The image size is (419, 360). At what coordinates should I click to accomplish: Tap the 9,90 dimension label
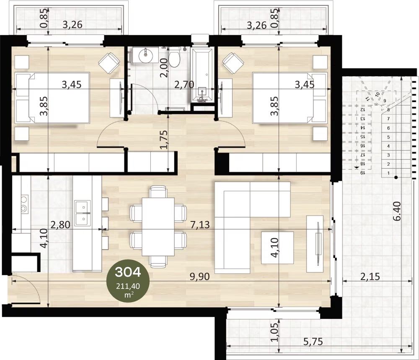pyautogui.click(x=199, y=276)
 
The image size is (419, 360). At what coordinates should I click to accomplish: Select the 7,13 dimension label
pyautogui.click(x=200, y=225)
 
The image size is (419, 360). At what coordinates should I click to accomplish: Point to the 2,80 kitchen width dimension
pyautogui.click(x=60, y=225)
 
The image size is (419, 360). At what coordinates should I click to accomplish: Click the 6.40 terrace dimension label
pyautogui.click(x=397, y=211)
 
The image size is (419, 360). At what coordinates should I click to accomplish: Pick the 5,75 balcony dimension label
pyautogui.click(x=313, y=341)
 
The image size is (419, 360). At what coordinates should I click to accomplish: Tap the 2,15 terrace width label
pyautogui.click(x=370, y=276)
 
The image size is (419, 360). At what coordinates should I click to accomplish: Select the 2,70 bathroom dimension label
pyautogui.click(x=184, y=85)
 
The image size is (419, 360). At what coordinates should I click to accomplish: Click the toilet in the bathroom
pyautogui.click(x=174, y=57)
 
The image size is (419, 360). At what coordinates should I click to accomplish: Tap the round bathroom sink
pyautogui.click(x=146, y=55)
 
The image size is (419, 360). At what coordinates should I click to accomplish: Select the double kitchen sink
pyautogui.click(x=83, y=213)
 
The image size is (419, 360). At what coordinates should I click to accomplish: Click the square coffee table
pyautogui.click(x=277, y=247)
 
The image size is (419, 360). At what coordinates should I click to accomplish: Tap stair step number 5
pyautogui.click(x=388, y=137)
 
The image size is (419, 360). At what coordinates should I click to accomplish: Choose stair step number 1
pyautogui.click(x=388, y=173)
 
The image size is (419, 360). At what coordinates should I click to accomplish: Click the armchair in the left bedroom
pyautogui.click(x=109, y=63)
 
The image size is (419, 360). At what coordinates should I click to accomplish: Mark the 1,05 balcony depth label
pyautogui.click(x=274, y=332)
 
